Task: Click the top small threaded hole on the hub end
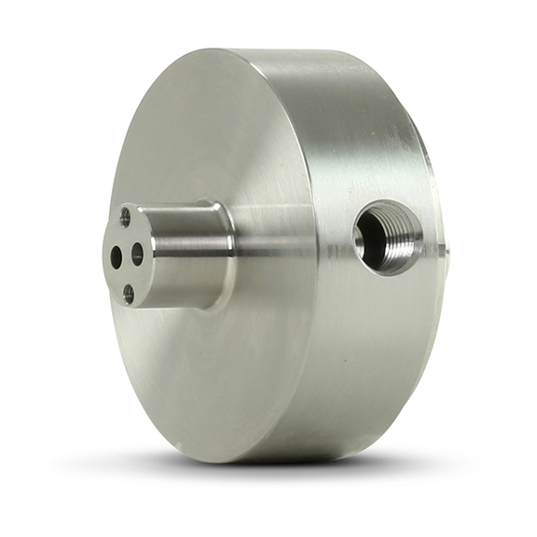pos(126,218)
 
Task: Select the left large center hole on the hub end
pos(117,258)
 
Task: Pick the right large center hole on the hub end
pos(138,252)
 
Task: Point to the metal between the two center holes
pos(127,255)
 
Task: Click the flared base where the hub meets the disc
pos(227,256)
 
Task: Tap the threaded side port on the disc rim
pos(387,236)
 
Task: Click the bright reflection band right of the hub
pos(280,244)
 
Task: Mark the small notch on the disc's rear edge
pos(446,250)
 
